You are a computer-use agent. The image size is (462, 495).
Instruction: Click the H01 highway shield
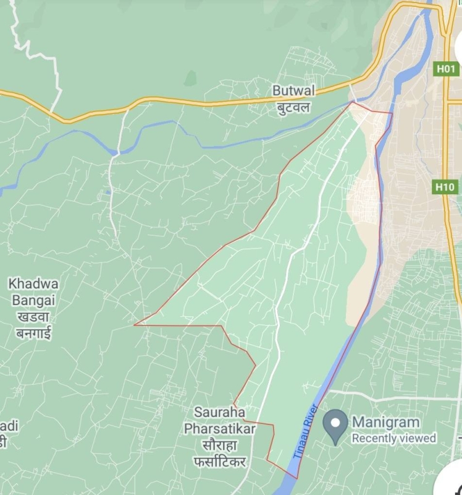coord(447,69)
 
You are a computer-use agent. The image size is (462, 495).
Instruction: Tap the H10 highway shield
coord(445,186)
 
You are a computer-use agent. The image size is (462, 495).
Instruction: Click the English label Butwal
coord(293,91)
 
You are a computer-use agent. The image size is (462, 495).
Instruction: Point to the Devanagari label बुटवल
coord(293,107)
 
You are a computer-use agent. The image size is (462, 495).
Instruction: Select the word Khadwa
coord(33,284)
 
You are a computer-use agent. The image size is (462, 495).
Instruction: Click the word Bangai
coord(33,300)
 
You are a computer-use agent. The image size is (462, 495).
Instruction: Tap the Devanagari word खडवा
coord(33,317)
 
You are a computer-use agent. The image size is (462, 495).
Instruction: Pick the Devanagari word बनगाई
coord(33,334)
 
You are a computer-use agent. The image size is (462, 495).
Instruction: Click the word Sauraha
coord(219,411)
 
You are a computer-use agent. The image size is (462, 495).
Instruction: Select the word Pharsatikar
coord(220,428)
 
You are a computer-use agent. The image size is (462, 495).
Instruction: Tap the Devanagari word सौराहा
coord(220,445)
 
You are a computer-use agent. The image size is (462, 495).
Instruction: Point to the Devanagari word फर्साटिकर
coord(220,462)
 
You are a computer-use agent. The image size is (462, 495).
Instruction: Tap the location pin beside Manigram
coord(336,425)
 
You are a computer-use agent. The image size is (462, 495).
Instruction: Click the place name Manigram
coord(385,422)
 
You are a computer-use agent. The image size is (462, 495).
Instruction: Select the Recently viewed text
coord(394,438)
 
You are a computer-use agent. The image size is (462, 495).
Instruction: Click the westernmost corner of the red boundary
coord(135,324)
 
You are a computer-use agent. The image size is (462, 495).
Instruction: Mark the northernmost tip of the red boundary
coord(352,102)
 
